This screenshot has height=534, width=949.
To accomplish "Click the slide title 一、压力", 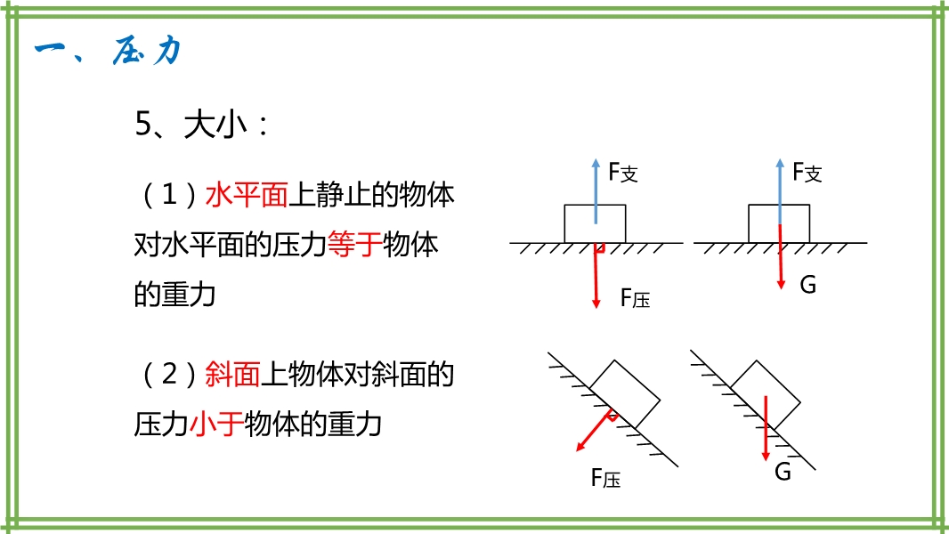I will pos(108,51).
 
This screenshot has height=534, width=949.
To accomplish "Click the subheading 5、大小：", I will pos(200,125).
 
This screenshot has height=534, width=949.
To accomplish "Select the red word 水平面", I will pos(247,195).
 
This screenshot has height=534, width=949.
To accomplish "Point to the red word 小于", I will pos(216,424).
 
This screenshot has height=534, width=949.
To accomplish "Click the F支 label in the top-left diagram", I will pos(623,173).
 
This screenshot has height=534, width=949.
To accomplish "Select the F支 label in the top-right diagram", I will pos(807,173).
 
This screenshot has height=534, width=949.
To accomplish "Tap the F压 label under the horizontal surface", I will pos(635,299).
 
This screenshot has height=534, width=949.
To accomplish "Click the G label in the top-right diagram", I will pos(808,285).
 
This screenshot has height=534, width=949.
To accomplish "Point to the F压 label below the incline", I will pos(605,479).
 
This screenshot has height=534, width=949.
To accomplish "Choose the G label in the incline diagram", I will pos(783,473).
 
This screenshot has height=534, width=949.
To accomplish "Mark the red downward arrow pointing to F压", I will pos(596,276).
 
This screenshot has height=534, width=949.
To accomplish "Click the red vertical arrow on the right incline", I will pos(766,427).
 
